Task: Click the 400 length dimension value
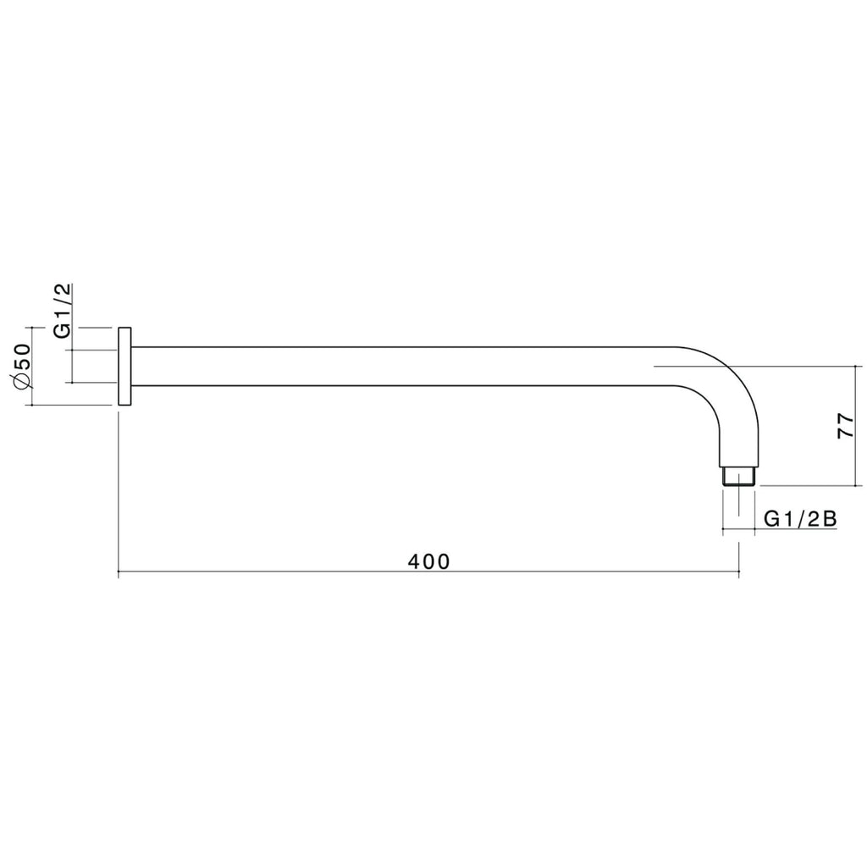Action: [428, 561]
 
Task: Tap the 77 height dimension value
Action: [844, 426]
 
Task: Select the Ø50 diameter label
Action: [23, 366]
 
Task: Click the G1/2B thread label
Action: [800, 518]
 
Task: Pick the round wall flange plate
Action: [124, 366]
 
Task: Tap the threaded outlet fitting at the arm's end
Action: [739, 475]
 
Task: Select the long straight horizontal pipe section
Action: [398, 366]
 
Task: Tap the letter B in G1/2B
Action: [830, 518]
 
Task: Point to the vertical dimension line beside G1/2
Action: [73, 366]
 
